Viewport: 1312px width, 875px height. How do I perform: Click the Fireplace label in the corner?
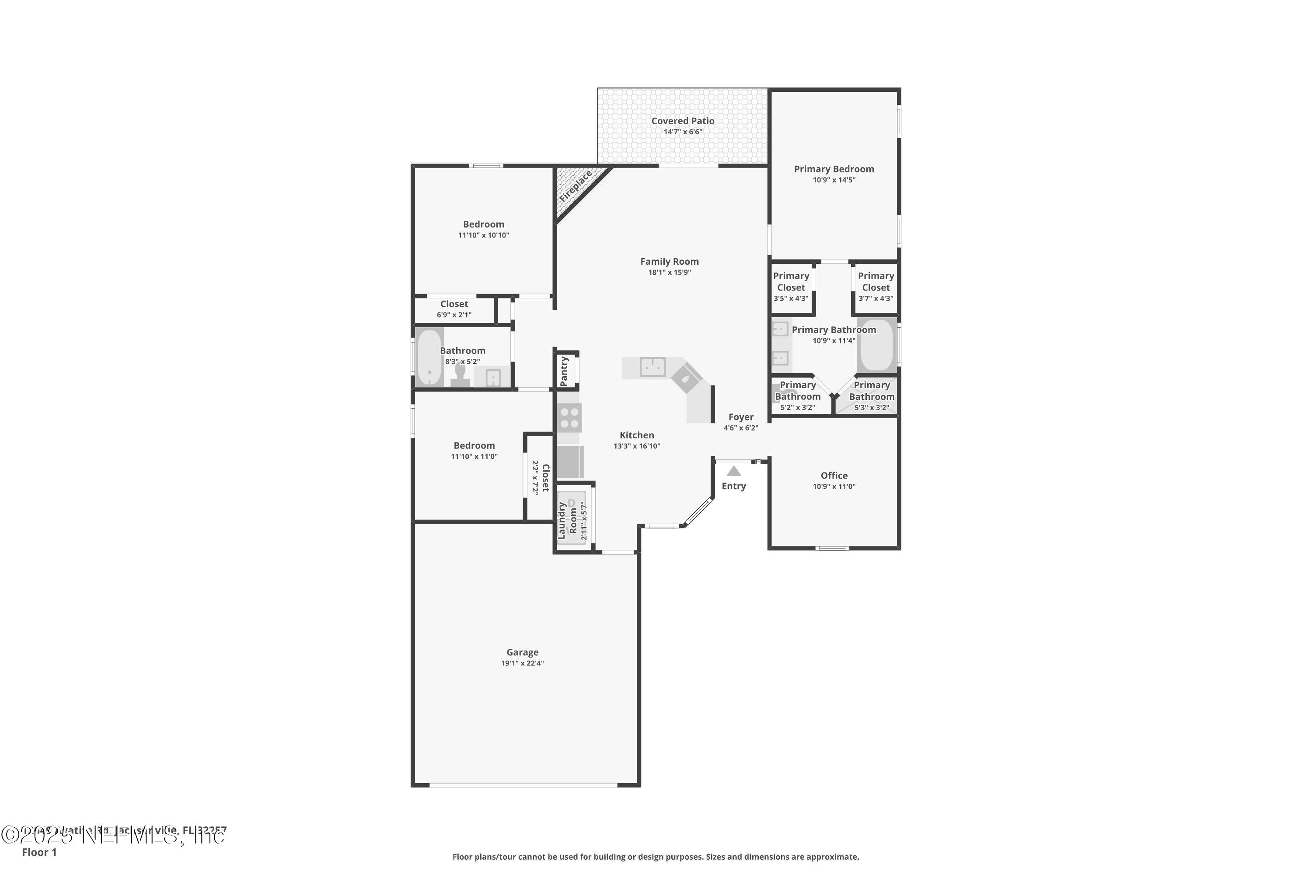coord(575,187)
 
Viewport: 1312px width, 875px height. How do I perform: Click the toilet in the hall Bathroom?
coord(460,374)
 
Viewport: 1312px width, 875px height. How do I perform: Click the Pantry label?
coord(564,371)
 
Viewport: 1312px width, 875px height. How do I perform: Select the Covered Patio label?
coord(682,121)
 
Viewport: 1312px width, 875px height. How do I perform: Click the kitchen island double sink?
coord(652,367)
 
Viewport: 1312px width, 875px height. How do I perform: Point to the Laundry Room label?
coord(567,520)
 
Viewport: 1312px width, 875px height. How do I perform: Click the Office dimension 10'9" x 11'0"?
coord(834,486)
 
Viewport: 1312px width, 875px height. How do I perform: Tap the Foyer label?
coord(740,417)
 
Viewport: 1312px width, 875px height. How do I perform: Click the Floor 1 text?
coord(39,852)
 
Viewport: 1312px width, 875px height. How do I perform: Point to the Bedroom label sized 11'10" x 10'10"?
coord(483,224)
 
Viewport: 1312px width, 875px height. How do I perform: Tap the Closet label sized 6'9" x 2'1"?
coord(454,304)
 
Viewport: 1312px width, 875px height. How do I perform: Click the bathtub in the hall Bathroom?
coord(429,357)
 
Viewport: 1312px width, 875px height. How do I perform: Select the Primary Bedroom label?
coord(834,169)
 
